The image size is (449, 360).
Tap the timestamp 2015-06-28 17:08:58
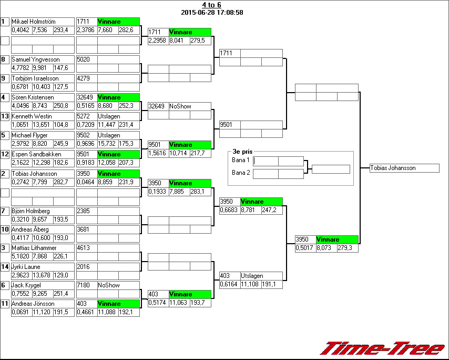point(211,13)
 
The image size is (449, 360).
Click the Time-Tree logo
point(383,348)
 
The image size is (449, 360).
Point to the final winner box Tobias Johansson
point(404,168)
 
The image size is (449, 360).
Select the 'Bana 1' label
point(241,160)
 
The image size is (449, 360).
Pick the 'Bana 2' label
point(241,173)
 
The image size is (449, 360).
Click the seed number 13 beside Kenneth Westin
point(5,116)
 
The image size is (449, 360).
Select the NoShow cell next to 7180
point(108,285)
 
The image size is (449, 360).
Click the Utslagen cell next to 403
point(252,276)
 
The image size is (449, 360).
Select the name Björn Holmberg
point(30,211)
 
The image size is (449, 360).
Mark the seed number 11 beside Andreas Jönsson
point(5,304)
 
